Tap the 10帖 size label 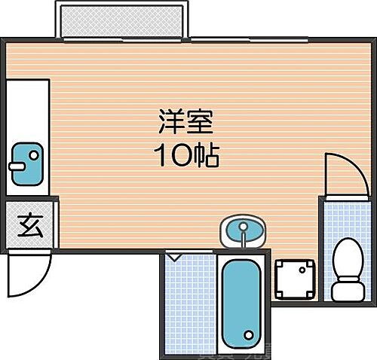(185, 156)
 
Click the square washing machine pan (293, 279)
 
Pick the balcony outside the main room (121, 21)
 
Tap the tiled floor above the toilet (348, 215)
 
